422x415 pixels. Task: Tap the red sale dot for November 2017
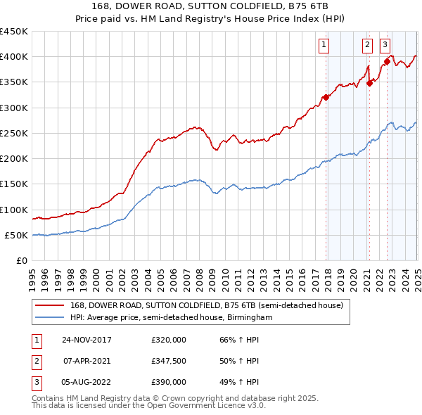pyautogui.click(x=326, y=97)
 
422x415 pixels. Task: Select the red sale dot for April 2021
pyautogui.click(x=369, y=83)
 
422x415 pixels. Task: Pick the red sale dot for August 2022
pyautogui.click(x=387, y=62)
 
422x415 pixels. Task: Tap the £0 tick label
pyautogui.click(x=21, y=261)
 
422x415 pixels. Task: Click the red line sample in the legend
pyautogui.click(x=49, y=306)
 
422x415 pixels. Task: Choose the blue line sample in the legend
pyautogui.click(x=49, y=318)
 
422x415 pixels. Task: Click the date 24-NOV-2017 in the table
pyautogui.click(x=87, y=340)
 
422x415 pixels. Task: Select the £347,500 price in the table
pyautogui.click(x=169, y=361)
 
